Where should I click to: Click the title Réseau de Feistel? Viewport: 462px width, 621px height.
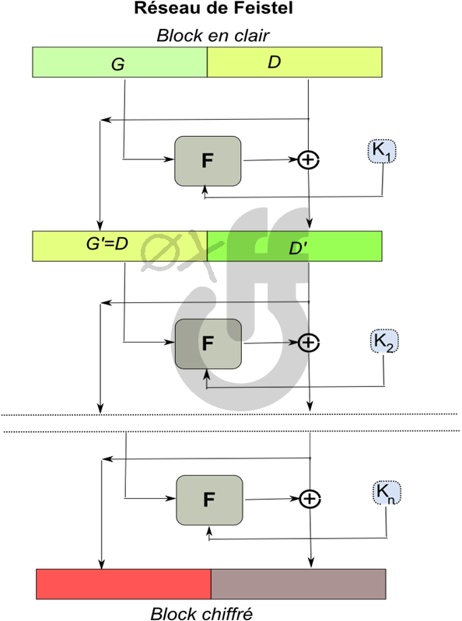coord(214,8)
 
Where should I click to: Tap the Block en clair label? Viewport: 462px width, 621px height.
coord(213,36)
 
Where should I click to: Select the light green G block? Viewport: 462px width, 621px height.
coord(120,62)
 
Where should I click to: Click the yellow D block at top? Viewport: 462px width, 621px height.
coord(295,62)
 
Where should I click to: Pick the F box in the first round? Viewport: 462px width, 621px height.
coord(208,161)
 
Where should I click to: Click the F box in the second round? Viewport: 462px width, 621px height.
coord(208,344)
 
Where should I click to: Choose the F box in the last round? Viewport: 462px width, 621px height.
coord(209,501)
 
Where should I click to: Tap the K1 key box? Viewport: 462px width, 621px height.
coord(382,151)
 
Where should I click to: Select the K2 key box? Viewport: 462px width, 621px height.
coord(384,341)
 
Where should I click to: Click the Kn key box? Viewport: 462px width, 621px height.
coord(387,493)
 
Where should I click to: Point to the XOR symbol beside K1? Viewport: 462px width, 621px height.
coord(308,160)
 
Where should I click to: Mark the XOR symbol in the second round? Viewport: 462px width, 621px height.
coord(309,343)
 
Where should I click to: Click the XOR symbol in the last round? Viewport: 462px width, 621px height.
coord(310,499)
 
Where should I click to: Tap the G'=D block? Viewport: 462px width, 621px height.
coord(120,246)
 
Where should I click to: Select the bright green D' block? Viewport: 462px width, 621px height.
coord(295,246)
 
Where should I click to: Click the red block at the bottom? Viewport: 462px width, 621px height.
coord(124,584)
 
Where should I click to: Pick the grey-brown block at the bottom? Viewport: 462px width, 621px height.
coord(299,584)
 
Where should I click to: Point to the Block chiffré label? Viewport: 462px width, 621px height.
coord(201,613)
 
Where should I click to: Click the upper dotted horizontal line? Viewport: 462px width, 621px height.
coord(229,415)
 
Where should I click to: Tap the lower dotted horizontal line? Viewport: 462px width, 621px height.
coord(232,431)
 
